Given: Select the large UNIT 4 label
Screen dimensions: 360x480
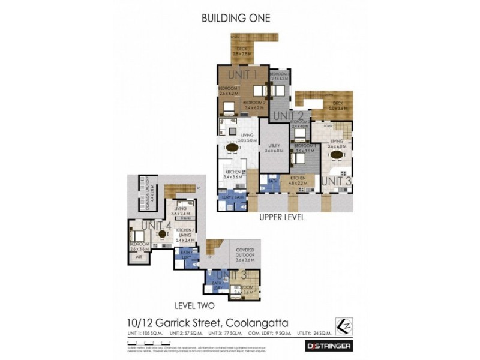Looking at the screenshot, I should pos(157,226).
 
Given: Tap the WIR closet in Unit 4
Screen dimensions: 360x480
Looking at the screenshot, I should pos(139,256).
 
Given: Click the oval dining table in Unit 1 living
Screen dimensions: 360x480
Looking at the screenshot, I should pos(231,147).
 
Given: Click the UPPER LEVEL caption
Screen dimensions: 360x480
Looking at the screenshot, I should pos(282,218).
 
